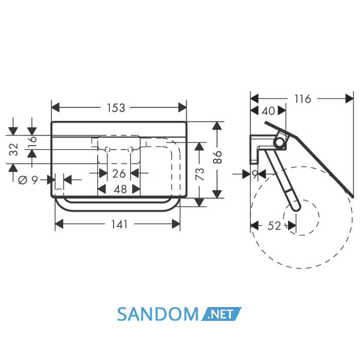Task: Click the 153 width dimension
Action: [x=116, y=107]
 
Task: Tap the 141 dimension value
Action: [x=119, y=224]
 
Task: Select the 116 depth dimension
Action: [x=302, y=99]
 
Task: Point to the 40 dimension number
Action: [x=268, y=111]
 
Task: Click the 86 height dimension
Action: [x=218, y=157]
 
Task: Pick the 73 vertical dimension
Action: [x=200, y=174]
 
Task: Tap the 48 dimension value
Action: [x=120, y=189]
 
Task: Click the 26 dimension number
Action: [x=119, y=173]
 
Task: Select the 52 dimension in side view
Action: [x=274, y=226]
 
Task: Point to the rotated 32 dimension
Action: [x=14, y=149]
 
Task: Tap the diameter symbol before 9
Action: [x=23, y=180]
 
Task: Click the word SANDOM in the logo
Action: [x=158, y=314]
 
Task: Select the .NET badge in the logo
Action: [x=221, y=314]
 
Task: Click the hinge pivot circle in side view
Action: [x=279, y=141]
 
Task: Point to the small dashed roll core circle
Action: [x=301, y=217]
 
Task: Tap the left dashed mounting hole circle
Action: [x=107, y=150]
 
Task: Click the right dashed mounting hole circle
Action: [x=131, y=150]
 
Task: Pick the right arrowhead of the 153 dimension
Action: [x=182, y=107]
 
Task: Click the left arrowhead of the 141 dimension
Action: [x=59, y=224]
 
